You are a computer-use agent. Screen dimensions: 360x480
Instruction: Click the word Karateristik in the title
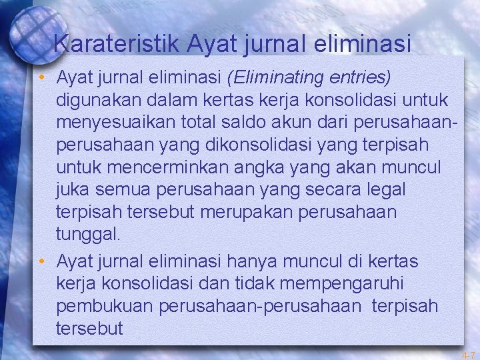point(117,44)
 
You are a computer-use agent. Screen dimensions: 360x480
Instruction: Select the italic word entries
point(360,78)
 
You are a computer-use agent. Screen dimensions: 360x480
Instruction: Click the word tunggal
point(89,234)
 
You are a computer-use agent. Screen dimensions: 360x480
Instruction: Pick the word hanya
point(257,259)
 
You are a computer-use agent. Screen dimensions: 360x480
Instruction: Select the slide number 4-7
point(469,355)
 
